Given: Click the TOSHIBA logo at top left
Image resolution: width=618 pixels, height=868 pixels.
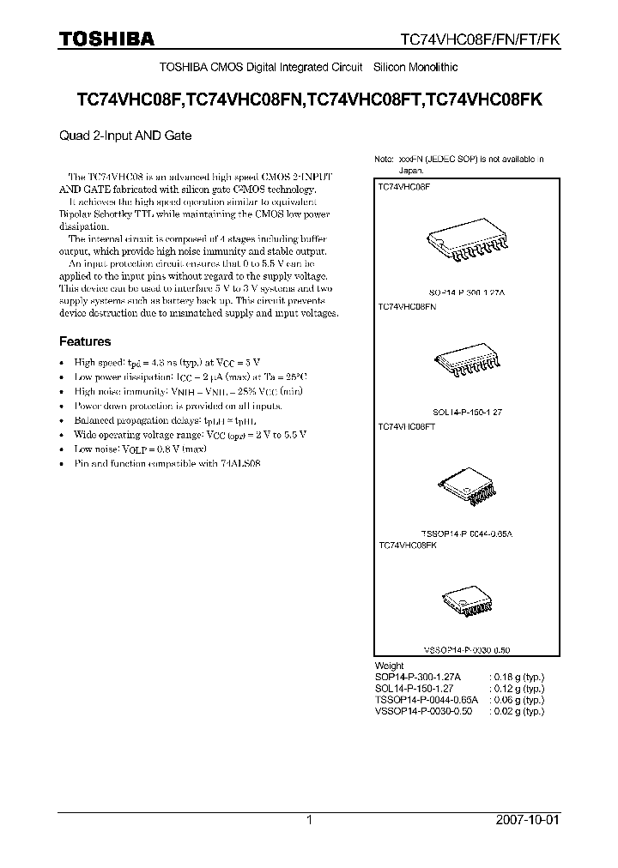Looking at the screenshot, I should pos(106,39).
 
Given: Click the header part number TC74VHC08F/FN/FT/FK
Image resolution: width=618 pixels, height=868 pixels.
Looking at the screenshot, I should pos(481,39).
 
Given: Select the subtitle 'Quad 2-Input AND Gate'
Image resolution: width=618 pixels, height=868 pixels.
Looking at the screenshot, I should pos(125,136).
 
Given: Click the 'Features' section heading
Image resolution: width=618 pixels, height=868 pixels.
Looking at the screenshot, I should pos(84,341).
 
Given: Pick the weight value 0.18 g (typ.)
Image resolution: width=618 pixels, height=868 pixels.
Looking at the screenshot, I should pos(517,677).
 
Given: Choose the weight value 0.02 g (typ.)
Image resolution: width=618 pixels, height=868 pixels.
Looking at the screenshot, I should pos(517,711).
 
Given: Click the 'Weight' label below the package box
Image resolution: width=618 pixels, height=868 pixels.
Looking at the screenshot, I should pos(389,666).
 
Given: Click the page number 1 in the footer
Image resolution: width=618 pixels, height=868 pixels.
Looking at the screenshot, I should pos(309,820).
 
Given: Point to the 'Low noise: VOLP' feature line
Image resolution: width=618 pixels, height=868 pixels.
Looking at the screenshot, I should pos(141,449).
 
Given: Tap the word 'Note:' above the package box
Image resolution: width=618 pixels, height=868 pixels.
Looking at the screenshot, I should pos(384,160).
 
